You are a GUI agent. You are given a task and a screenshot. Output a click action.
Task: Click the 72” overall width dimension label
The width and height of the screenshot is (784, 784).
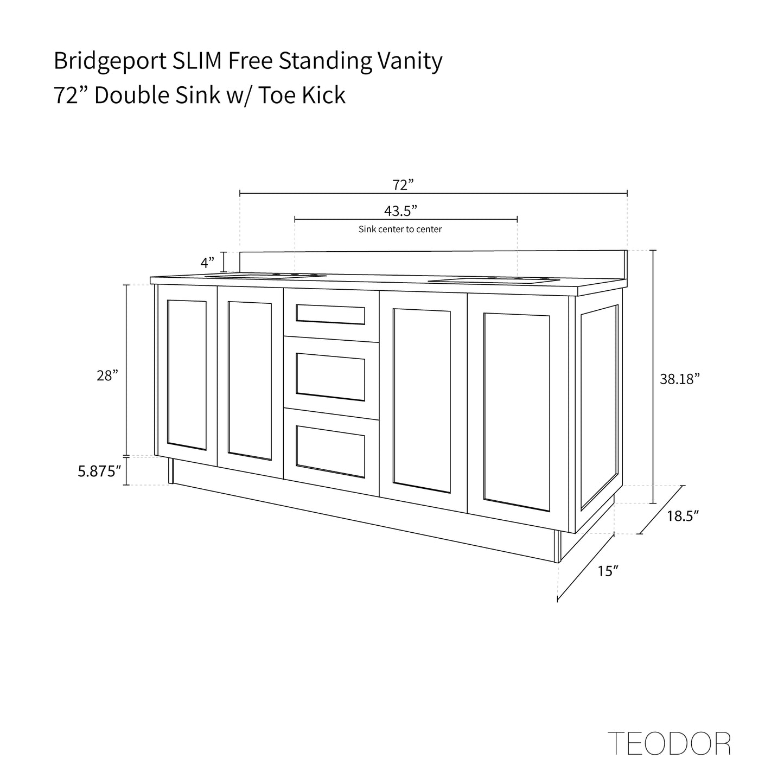point(403,185)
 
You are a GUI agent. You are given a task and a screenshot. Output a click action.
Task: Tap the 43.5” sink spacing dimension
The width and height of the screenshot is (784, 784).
point(400,211)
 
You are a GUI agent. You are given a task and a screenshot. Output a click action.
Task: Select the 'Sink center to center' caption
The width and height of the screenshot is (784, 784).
point(400,230)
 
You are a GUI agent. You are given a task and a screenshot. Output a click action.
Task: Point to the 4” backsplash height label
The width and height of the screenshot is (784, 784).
point(208,263)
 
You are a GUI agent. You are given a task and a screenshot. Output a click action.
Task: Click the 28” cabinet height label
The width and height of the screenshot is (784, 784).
point(107,375)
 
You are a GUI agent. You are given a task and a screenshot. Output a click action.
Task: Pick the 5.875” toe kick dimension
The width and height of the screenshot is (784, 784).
point(98,471)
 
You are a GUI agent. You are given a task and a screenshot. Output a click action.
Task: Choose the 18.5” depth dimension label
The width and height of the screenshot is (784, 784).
point(682,516)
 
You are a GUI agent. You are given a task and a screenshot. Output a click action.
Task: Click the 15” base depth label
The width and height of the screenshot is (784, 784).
point(608,571)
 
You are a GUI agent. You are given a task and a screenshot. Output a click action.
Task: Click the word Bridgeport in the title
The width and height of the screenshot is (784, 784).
point(109,61)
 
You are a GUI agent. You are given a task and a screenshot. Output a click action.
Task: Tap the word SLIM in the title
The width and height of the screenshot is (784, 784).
point(197,61)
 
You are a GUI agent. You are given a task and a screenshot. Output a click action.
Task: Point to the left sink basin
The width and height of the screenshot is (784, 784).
point(266,276)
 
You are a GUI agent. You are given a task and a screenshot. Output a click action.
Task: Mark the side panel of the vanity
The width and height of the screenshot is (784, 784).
point(600,407)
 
